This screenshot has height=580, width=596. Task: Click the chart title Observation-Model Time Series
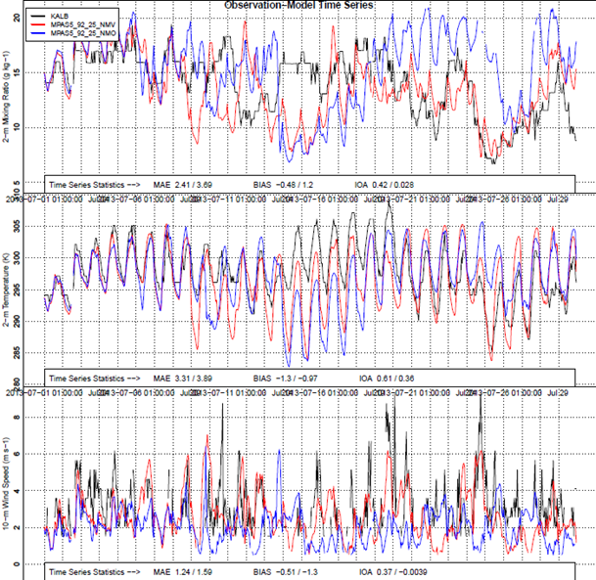pos(305,6)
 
